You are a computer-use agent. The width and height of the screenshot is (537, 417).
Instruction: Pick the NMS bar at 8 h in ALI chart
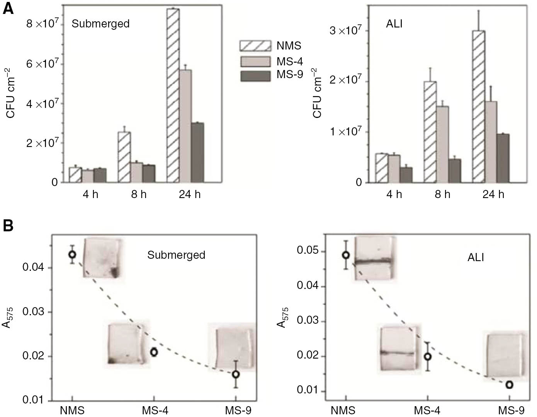[430, 132]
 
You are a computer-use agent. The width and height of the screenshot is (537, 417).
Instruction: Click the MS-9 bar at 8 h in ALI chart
[454, 171]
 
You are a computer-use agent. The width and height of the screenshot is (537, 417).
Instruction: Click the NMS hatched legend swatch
[255, 46]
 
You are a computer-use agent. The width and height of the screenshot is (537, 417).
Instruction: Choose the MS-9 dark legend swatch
[255, 76]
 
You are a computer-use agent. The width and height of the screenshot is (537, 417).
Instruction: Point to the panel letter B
[8, 226]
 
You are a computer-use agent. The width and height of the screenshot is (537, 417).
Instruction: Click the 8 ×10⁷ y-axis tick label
[42, 24]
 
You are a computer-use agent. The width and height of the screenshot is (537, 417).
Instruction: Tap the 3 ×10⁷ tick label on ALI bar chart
[345, 31]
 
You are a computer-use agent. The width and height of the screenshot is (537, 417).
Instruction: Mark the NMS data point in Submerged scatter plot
[72, 254]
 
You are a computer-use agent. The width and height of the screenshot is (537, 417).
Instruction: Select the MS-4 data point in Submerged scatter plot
[154, 352]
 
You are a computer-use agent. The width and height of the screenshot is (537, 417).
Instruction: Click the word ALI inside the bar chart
[394, 24]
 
